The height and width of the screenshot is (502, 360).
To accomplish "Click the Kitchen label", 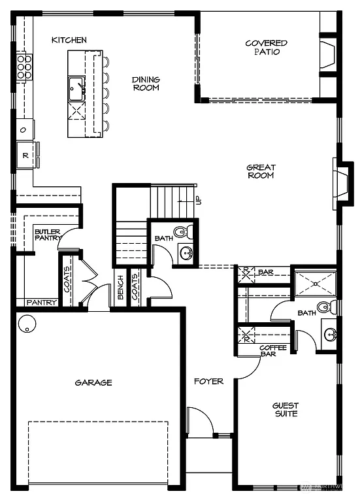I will (x=69, y=41).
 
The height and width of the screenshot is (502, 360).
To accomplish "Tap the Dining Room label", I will (x=146, y=84).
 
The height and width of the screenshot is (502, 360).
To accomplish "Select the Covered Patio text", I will (x=266, y=48).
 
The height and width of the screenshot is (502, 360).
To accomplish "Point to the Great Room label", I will (x=260, y=171).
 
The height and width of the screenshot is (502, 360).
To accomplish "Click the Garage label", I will (x=93, y=382).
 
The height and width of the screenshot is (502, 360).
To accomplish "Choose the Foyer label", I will (x=208, y=381).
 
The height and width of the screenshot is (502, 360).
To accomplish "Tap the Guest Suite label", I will (x=285, y=410).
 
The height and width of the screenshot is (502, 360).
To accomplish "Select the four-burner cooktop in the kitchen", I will (x=24, y=66).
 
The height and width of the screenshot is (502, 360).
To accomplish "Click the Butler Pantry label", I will (x=48, y=235).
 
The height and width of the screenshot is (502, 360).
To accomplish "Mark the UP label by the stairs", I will (x=199, y=200).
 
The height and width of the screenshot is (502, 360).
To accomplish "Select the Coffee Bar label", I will (x=273, y=351).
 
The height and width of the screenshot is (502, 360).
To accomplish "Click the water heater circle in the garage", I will (x=27, y=324).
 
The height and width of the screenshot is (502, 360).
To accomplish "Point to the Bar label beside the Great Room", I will (x=265, y=272).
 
